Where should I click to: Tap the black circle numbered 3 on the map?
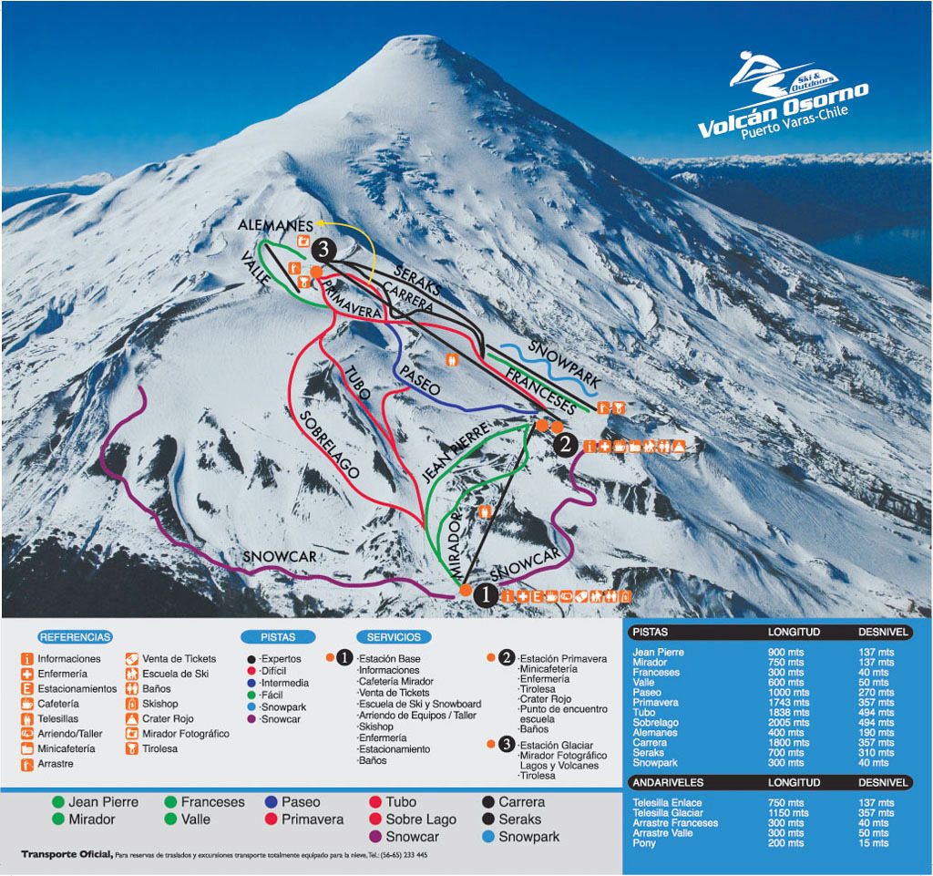coord(323,249)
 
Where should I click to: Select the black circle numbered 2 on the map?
coord(565,445)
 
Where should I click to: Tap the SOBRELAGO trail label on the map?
coord(329,444)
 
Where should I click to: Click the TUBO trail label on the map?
coord(357,384)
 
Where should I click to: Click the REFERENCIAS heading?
coord(76,637)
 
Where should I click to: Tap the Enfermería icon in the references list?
coord(27,674)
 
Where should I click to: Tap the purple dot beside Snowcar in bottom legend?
coord(375,837)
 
